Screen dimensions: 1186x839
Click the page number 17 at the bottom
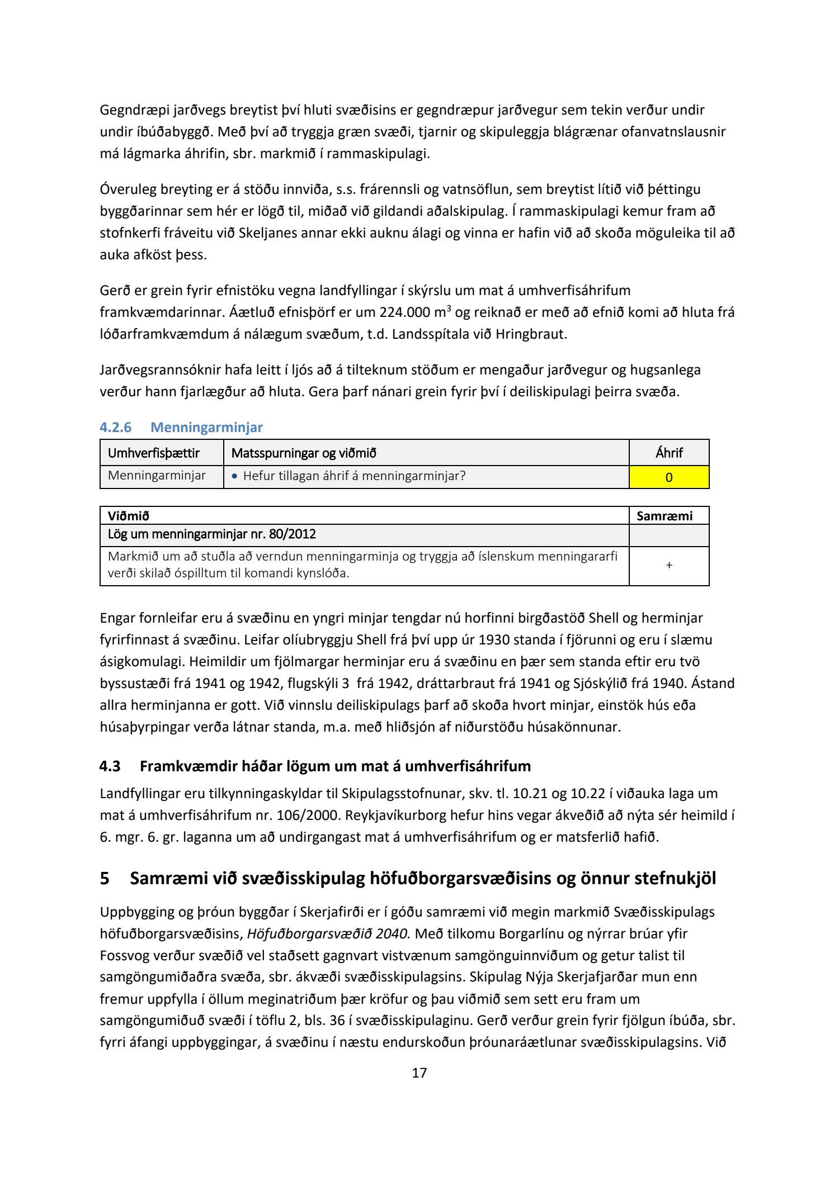[419, 1072]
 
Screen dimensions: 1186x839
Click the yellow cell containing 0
[669, 477]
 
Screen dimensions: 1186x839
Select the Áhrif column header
[669, 453]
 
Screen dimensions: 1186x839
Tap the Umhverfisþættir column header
[154, 453]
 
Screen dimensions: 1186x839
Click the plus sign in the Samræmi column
[669, 566]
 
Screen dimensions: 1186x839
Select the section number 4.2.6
[115, 428]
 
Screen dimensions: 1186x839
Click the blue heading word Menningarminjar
[206, 428]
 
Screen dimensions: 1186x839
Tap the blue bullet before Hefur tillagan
[234, 476]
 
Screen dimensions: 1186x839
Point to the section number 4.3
[110, 766]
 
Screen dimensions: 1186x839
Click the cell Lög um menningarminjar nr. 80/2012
[212, 534]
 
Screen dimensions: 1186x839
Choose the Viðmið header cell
[129, 516]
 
